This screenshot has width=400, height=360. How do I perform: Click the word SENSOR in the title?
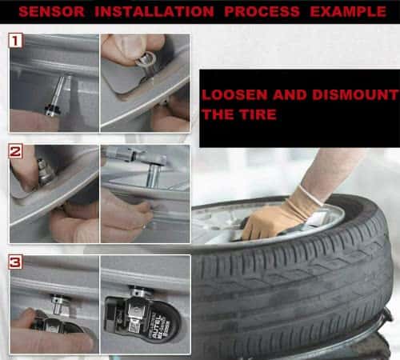(x=52, y=12)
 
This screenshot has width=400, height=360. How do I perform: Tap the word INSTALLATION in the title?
(x=154, y=12)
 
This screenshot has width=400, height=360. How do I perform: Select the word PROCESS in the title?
(x=262, y=12)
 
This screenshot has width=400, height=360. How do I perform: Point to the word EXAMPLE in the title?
(x=348, y=12)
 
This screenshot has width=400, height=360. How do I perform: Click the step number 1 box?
(x=15, y=41)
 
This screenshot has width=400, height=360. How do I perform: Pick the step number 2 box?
(x=15, y=151)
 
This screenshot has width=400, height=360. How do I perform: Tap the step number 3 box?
(x=15, y=262)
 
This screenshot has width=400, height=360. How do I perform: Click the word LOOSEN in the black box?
(x=234, y=95)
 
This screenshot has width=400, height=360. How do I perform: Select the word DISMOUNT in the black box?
(x=355, y=95)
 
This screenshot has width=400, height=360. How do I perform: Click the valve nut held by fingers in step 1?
(x=146, y=60)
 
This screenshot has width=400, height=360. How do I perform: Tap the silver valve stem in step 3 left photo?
(x=59, y=304)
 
